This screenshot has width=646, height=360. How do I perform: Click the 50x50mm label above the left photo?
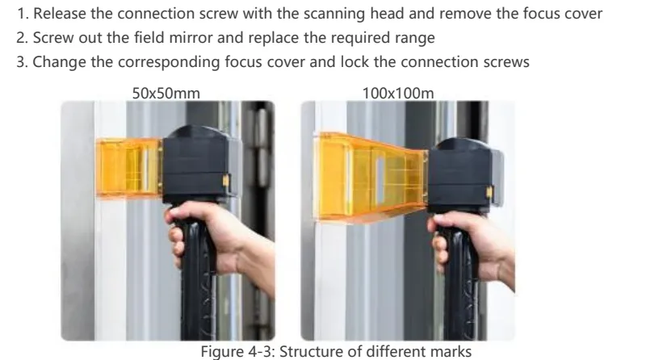pos(166,94)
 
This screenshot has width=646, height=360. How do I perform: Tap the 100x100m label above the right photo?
pos(398,94)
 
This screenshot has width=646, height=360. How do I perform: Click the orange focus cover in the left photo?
pos(128,168)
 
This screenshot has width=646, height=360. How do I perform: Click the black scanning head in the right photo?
pos(465,176)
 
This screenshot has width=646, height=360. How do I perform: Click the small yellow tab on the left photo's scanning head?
pos(226,181)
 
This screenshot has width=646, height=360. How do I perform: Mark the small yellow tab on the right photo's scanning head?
pos(489,192)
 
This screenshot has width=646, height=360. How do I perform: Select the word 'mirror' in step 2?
pos(191,38)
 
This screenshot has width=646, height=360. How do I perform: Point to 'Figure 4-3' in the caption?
pos(237,352)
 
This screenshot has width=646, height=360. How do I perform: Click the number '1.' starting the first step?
pos(23,14)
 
